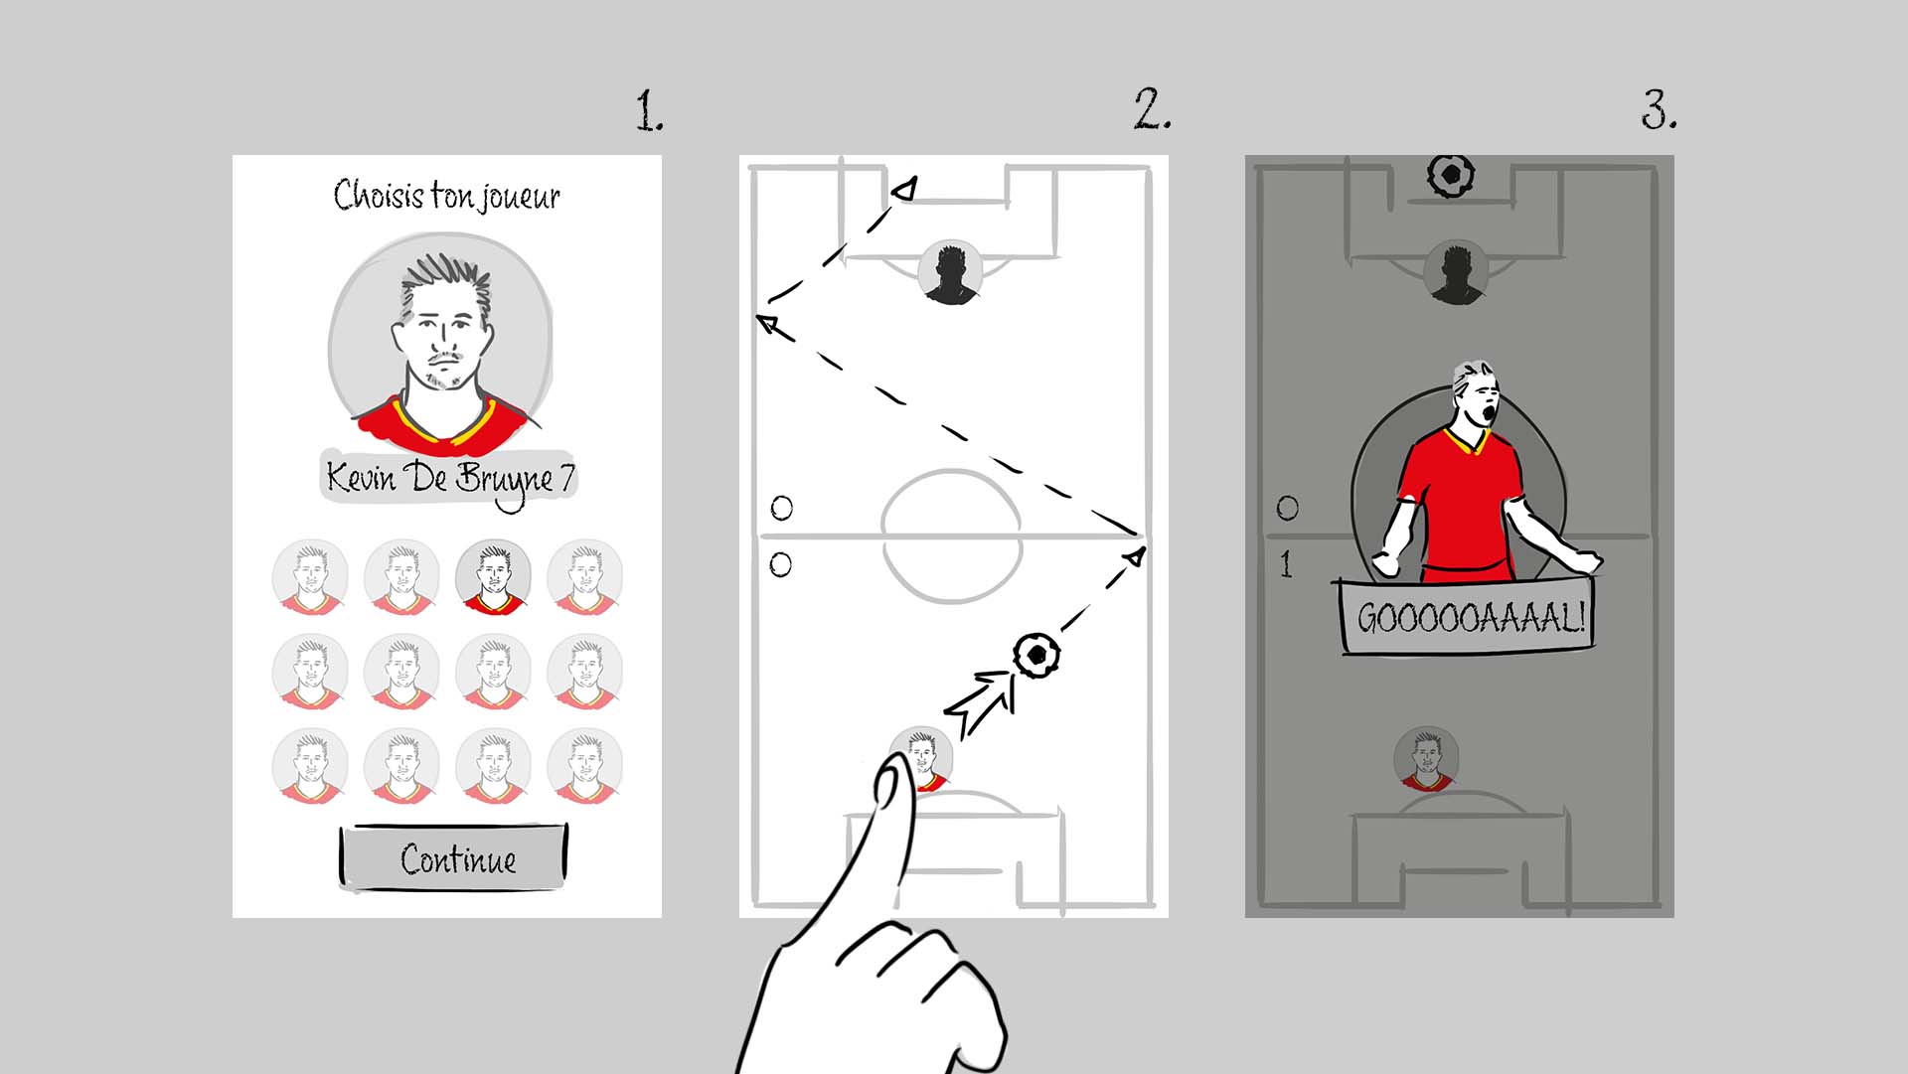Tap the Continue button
pos(454,856)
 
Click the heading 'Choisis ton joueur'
pos(447,196)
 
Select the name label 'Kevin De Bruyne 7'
pos(450,479)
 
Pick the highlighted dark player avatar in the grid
pos(494,576)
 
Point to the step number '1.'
pos(650,111)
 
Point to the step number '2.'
pos(1153,109)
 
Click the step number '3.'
pos(1659,110)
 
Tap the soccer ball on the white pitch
pos(1036,655)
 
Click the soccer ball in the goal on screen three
pos(1451,175)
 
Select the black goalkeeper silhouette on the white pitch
pos(951,271)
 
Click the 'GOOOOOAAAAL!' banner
pos(1468,618)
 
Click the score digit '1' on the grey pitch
pos(1286,564)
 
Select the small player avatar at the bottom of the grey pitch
pos(1427,758)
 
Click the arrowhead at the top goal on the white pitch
pos(905,188)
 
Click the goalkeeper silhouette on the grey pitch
pos(1456,271)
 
